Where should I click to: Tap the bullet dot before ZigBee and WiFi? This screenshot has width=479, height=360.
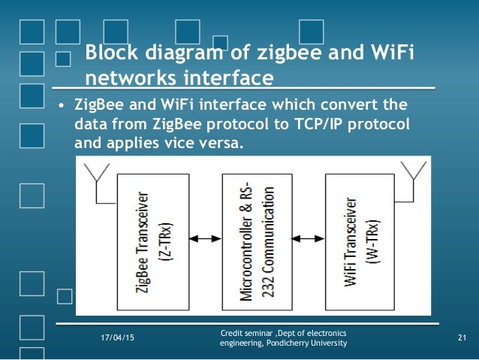click(64, 104)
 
